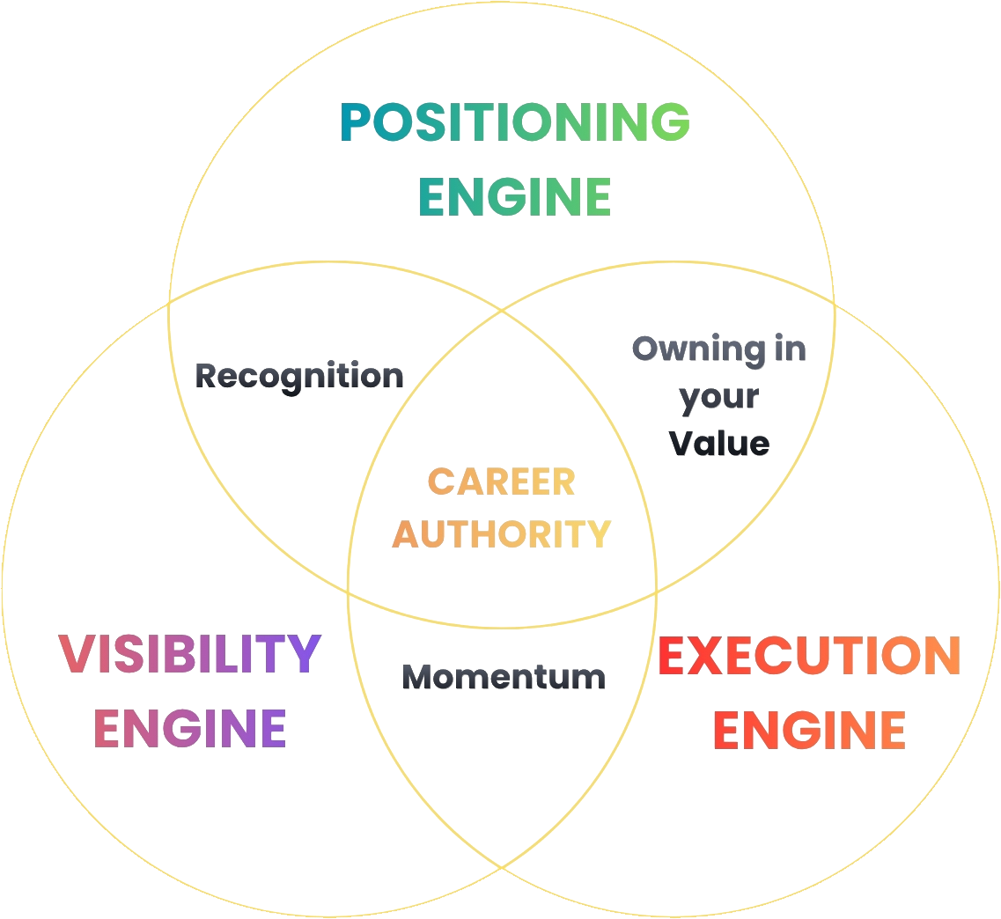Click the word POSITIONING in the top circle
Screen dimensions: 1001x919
[x=515, y=121]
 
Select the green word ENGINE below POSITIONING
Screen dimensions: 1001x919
[x=515, y=196]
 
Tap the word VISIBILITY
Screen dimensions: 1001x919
[x=189, y=653]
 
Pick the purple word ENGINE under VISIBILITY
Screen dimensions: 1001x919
[x=189, y=728]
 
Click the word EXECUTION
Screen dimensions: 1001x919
[x=809, y=656]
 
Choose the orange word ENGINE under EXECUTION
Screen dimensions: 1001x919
[x=809, y=730]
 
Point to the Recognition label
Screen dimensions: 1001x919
[x=299, y=377]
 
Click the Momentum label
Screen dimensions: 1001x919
[x=504, y=677]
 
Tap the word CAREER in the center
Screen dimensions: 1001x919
[x=501, y=482]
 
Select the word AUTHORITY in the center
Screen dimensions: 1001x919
[x=502, y=534]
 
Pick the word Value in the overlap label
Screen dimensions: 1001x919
[x=719, y=444]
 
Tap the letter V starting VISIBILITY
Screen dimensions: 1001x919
[x=77, y=653]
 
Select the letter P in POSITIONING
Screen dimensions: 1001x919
[x=357, y=121]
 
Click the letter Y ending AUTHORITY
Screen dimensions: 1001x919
[x=596, y=534]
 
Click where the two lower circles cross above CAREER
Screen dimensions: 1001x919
[x=502, y=311]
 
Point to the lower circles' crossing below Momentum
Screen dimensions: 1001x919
[x=502, y=867]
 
